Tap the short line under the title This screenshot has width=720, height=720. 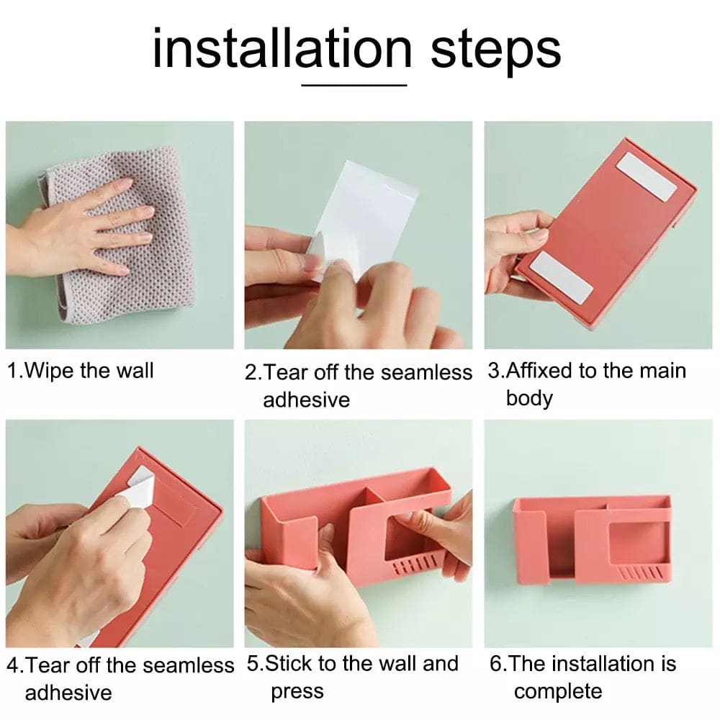click(x=354, y=85)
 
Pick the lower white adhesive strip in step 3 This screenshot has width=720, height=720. click(x=561, y=277)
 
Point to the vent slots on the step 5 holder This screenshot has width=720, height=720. click(x=413, y=565)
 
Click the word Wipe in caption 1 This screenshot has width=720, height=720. click(x=50, y=371)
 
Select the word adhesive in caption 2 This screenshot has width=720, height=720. click(x=306, y=400)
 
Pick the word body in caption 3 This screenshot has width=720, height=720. click(x=529, y=398)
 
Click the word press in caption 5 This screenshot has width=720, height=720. click(x=297, y=692)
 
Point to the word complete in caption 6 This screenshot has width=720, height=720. click(x=558, y=692)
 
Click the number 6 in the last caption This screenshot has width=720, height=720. click(x=495, y=664)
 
